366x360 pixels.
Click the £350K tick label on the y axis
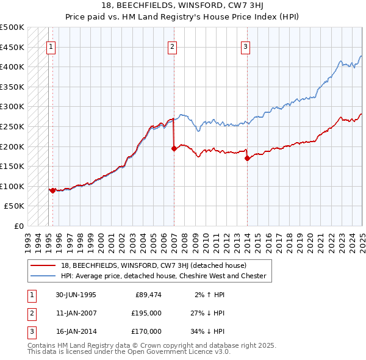(12, 87)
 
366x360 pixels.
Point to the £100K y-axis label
(12, 186)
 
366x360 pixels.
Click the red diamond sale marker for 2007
(174, 148)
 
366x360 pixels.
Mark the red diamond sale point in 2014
(247, 158)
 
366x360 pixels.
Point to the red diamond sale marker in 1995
(53, 190)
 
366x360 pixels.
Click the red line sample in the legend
(43, 265)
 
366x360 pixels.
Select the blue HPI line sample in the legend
(43, 276)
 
